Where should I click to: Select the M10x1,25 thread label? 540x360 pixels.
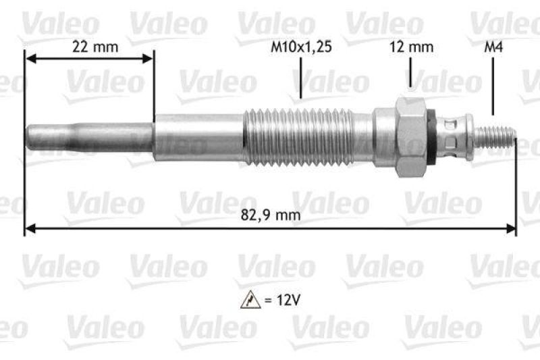301,47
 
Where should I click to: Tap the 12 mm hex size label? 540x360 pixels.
412,47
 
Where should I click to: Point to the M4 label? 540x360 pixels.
493,47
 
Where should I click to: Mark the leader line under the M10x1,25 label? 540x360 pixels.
301,81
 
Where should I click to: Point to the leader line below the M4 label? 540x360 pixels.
493,88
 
